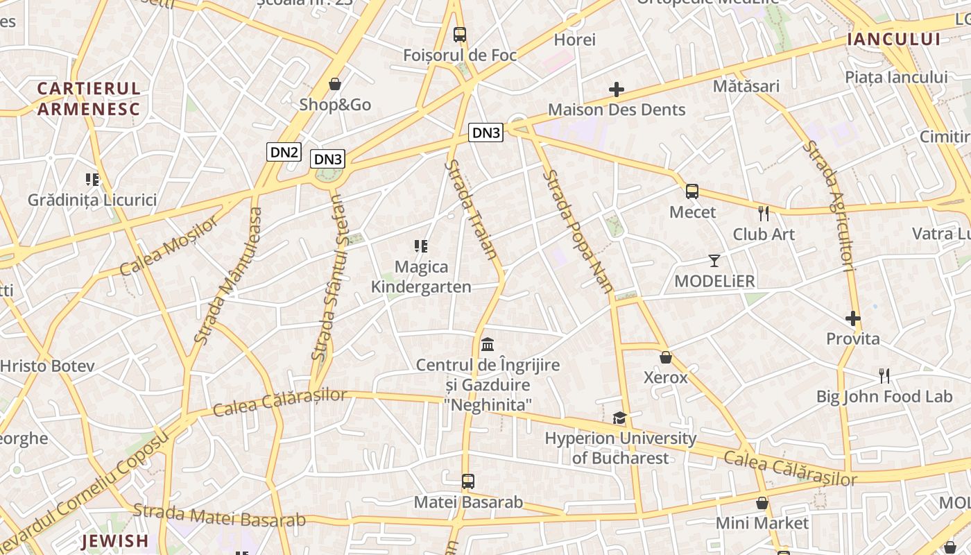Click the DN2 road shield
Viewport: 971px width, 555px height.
pos(284,152)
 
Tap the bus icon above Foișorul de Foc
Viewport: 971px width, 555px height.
pos(459,34)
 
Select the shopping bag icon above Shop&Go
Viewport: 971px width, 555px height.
pos(335,84)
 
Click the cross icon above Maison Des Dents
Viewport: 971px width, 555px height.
pos(616,89)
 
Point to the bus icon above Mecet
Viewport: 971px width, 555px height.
pos(691,191)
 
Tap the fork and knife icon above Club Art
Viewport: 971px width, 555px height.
pos(764,213)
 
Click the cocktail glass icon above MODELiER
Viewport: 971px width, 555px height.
pos(714,261)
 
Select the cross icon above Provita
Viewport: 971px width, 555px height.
pos(853,318)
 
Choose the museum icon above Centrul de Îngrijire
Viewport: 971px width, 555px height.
pos(488,344)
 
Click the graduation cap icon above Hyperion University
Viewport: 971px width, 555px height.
pos(619,418)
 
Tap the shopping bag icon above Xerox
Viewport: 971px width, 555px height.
pos(666,357)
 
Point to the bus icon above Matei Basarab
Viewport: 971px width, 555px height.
pos(468,481)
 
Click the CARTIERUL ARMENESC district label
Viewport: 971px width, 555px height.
pos(89,99)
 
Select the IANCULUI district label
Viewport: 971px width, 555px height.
pos(894,40)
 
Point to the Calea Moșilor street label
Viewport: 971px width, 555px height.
pos(169,245)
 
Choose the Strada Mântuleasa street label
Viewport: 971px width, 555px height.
pos(229,275)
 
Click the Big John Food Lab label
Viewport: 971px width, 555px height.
pos(884,397)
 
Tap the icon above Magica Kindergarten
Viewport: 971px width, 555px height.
pos(420,246)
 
